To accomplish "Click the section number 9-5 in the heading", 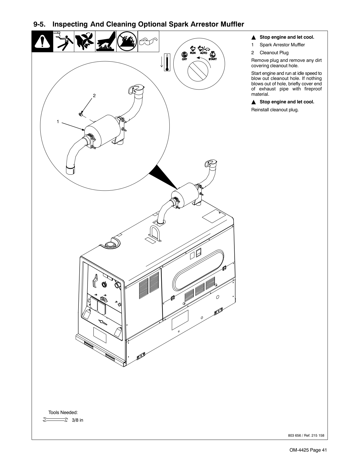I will click(40, 25).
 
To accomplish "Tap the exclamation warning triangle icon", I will click(42, 42).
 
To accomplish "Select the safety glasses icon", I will click(148, 42).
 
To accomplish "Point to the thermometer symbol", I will click(167, 62).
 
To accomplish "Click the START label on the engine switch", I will click(213, 59).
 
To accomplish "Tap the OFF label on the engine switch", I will click(184, 59).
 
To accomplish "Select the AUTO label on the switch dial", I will click(203, 53).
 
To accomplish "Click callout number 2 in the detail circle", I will click(95, 95).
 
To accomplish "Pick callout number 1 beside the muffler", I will click(58, 121).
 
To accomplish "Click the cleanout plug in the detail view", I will click(80, 114).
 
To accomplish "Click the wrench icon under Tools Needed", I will click(55, 420).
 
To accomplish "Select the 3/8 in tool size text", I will click(77, 420).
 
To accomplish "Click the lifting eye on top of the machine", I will click(155, 233).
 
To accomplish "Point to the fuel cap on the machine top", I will click(109, 244).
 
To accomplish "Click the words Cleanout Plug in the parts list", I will click(274, 53).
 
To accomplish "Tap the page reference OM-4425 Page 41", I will click(308, 450).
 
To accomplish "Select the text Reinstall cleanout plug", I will click(275, 110).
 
